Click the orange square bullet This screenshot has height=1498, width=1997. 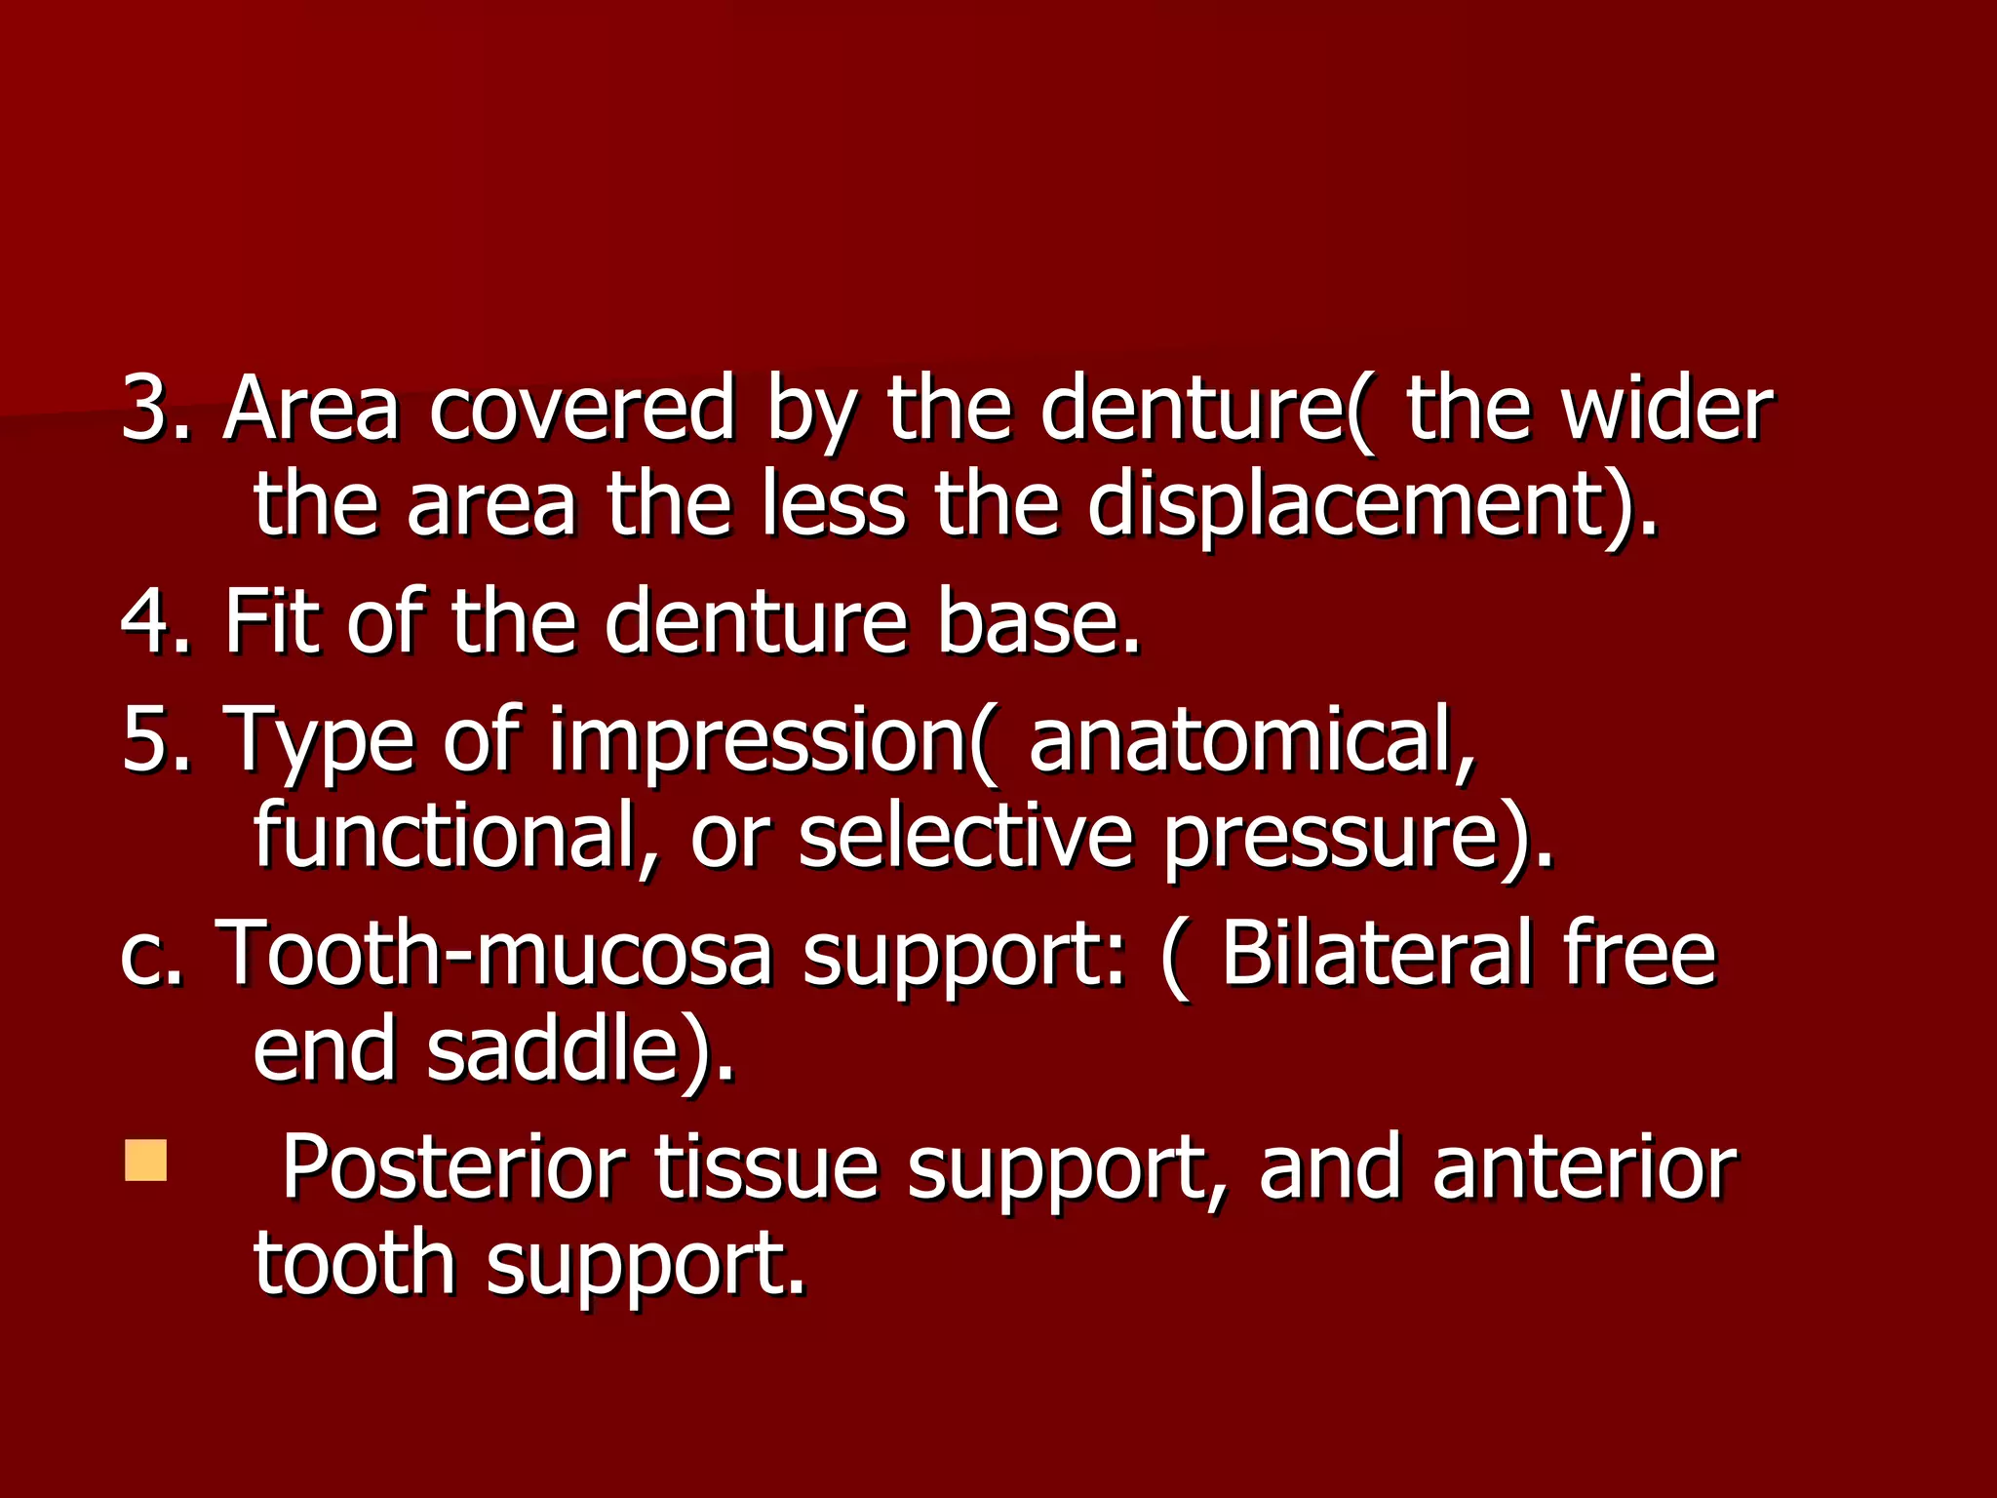146,1161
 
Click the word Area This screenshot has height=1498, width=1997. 311,410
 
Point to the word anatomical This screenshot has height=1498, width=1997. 1252,740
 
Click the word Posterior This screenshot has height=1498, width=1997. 454,1167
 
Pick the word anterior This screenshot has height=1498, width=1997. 1585,1167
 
